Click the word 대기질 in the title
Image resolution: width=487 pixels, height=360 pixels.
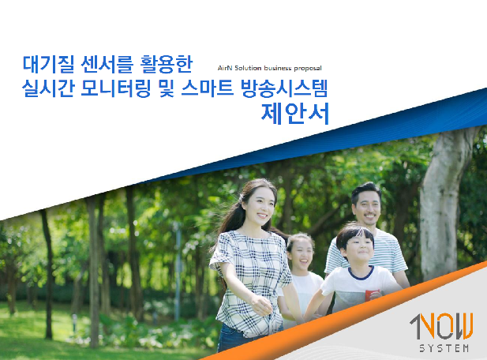click(x=48, y=64)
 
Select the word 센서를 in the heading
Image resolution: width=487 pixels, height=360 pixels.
click(x=107, y=64)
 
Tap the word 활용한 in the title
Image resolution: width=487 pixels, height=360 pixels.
click(x=167, y=64)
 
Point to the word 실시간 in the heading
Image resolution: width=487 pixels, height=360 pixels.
click(x=48, y=88)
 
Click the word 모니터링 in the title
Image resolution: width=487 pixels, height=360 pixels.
click(x=116, y=88)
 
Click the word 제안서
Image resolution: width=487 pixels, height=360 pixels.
click(x=294, y=114)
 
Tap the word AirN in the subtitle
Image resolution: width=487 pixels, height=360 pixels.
click(x=224, y=68)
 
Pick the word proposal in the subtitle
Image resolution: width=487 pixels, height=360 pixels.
click(x=308, y=69)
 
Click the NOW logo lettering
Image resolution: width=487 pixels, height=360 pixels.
click(x=442, y=327)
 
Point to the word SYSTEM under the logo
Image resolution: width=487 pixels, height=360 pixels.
click(x=444, y=348)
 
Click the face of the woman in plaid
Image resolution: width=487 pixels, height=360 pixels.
click(x=260, y=208)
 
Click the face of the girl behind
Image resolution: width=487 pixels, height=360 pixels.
click(x=300, y=254)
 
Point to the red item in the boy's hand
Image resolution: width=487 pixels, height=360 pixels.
click(x=372, y=295)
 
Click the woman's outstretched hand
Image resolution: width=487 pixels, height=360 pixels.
click(x=261, y=306)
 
